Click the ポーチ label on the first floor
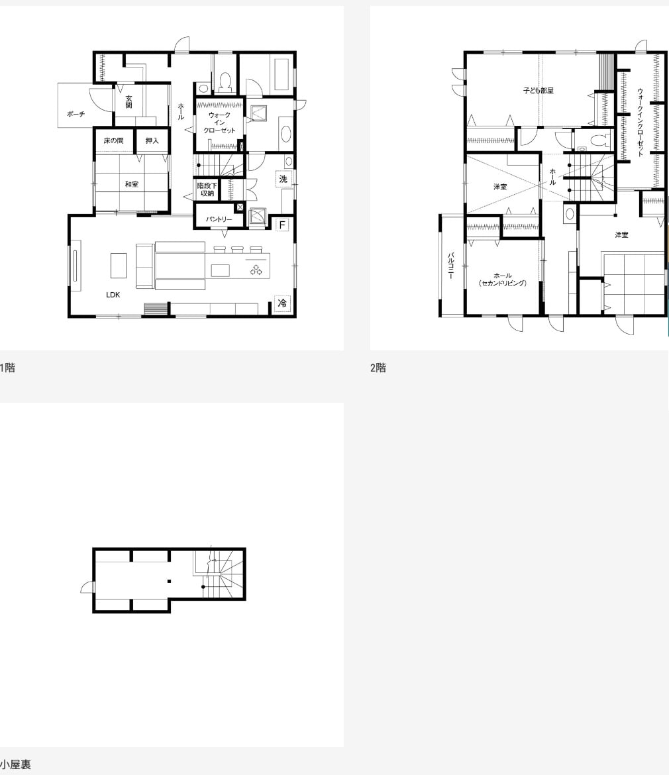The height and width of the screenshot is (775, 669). (76, 114)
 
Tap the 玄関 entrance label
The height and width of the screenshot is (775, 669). (129, 102)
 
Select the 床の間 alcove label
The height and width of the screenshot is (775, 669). (113, 140)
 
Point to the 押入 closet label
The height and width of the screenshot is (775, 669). (152, 140)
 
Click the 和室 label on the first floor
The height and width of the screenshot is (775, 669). (131, 184)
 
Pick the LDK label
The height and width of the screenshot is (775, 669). (113, 295)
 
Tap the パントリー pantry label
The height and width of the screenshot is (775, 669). (219, 219)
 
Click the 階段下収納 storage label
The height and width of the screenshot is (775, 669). (207, 189)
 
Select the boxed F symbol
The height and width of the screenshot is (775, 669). (282, 225)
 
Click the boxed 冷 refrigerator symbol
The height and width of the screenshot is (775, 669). (282, 303)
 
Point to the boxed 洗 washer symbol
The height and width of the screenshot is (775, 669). (283, 178)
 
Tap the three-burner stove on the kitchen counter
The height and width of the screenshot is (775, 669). (256, 270)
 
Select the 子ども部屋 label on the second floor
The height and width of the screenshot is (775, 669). (538, 91)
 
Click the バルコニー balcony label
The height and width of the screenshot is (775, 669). (450, 266)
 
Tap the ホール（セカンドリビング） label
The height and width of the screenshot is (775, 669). (503, 280)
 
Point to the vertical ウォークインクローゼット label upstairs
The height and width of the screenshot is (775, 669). (640, 122)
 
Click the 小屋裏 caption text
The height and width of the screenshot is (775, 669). (15, 764)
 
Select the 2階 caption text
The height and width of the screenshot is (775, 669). (378, 368)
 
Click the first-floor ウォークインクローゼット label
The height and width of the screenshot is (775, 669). (219, 123)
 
